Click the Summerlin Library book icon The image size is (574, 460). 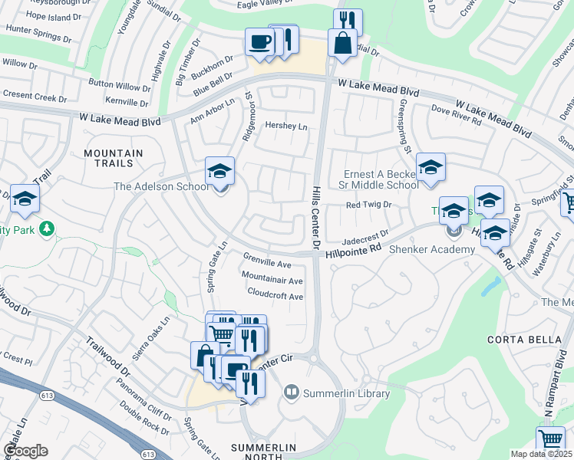[291, 393]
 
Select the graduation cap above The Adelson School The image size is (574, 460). [219, 172]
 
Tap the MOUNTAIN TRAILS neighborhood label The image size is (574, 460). [114, 159]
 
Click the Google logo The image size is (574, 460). [25, 451]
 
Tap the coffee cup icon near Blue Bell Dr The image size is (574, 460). [259, 41]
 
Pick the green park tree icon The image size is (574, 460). [47, 228]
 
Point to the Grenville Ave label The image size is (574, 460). [267, 258]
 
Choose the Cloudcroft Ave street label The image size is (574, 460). [275, 294]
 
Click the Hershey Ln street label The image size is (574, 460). [285, 125]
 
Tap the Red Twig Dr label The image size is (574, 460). [369, 205]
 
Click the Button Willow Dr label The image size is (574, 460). [120, 86]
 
